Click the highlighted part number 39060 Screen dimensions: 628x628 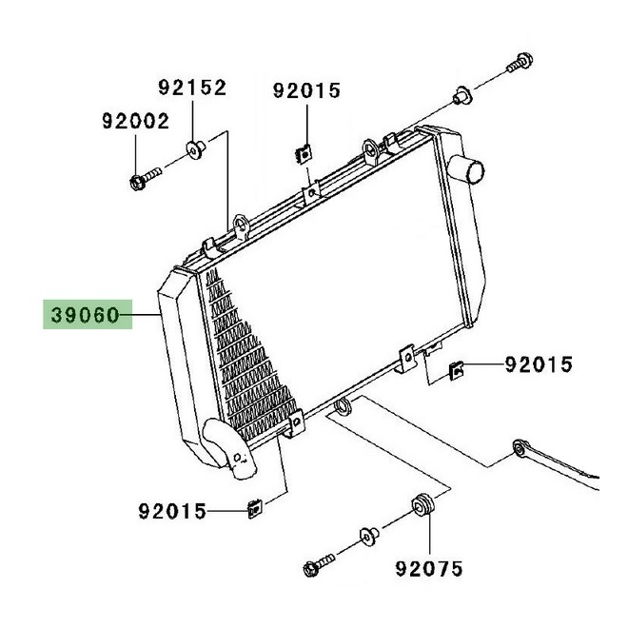(86, 315)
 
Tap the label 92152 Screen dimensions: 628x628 (192, 88)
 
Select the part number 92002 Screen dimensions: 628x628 (135, 121)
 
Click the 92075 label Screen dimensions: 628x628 (429, 569)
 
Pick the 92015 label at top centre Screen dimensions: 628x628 (306, 90)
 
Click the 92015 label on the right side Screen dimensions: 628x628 (539, 364)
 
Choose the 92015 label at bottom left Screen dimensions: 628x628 (172, 512)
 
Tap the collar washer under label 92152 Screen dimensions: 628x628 (196, 149)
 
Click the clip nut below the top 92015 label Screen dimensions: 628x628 (304, 154)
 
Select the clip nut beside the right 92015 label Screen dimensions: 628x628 (457, 370)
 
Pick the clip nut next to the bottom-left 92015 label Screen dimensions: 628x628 (255, 509)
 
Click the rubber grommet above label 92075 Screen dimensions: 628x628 (422, 506)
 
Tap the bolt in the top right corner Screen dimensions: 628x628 (520, 63)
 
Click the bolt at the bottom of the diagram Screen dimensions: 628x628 (319, 565)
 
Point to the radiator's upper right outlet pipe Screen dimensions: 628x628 (466, 169)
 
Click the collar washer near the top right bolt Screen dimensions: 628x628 (462, 95)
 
